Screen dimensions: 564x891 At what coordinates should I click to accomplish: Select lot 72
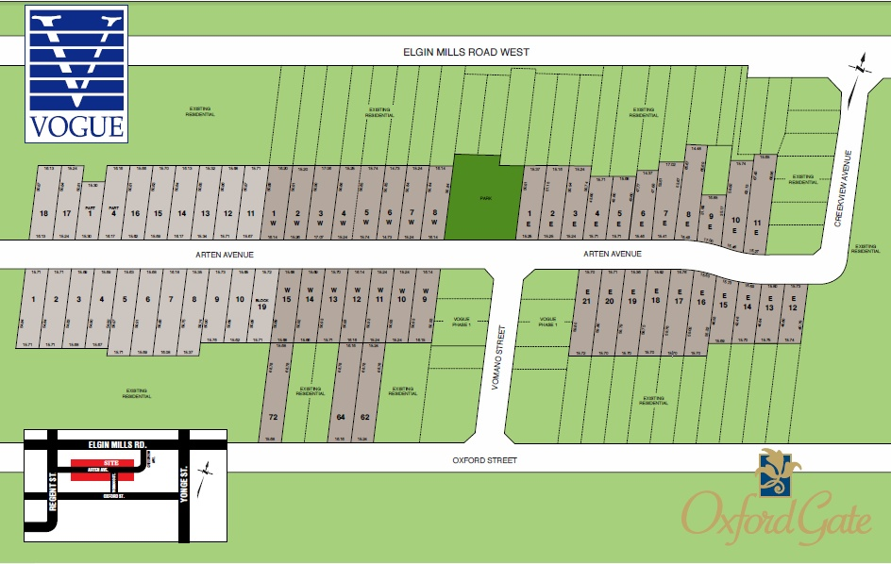273,416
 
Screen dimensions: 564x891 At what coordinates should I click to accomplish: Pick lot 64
342,416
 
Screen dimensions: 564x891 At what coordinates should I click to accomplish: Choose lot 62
364,416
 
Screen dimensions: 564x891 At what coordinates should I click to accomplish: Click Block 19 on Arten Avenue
263,305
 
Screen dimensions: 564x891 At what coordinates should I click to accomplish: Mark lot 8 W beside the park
433,218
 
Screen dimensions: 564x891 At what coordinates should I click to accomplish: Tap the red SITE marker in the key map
110,464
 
